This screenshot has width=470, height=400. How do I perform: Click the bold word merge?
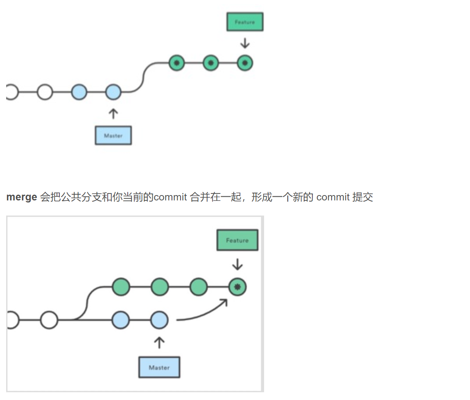[x=22, y=197]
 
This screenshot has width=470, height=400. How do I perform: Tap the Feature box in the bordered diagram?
[x=237, y=240]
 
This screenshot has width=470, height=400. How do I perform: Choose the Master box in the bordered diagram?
[x=159, y=367]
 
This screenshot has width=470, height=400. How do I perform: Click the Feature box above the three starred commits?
[x=245, y=22]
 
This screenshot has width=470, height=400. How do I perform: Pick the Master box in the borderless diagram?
[x=113, y=135]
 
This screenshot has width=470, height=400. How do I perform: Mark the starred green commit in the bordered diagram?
[x=237, y=288]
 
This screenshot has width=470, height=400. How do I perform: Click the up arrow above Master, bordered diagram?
[x=159, y=342]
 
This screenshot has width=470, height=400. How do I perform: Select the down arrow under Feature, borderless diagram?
[x=245, y=43]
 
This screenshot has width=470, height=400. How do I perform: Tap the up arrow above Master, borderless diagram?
[x=113, y=113]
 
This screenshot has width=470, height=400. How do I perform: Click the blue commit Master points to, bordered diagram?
[x=159, y=320]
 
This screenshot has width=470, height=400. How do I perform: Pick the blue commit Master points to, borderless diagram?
[x=113, y=92]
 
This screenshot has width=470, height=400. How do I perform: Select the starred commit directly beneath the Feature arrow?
[x=245, y=63]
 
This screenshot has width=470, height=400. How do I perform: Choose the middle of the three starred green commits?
[x=210, y=63]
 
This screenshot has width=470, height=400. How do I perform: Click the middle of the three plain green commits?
[x=160, y=287]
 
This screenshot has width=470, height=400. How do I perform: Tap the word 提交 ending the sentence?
[x=363, y=197]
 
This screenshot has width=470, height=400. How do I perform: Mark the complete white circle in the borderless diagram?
[x=45, y=92]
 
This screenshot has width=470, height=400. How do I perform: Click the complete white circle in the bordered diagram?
[x=49, y=320]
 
